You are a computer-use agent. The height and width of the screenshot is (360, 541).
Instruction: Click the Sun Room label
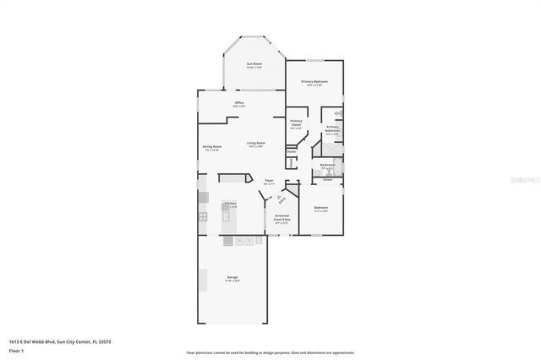pyautogui.click(x=254, y=65)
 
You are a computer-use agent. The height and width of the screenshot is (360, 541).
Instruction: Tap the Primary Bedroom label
pyautogui.click(x=314, y=83)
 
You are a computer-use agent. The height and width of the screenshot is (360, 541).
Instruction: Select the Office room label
pyautogui.click(x=239, y=105)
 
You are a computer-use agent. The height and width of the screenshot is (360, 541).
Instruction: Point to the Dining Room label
pyautogui.click(x=212, y=148)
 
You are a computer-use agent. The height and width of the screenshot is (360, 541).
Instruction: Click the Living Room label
pyautogui.click(x=256, y=144)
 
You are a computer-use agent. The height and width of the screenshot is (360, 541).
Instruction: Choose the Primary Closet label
pyautogui.click(x=296, y=125)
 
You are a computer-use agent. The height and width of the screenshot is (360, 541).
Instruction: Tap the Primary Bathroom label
pyautogui.click(x=333, y=131)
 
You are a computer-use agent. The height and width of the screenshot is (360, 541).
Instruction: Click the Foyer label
pyautogui.click(x=269, y=182)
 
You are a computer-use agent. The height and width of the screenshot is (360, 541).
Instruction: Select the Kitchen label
pyautogui.click(x=230, y=205)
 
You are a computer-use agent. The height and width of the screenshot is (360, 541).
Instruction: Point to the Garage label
pyautogui.click(x=232, y=278)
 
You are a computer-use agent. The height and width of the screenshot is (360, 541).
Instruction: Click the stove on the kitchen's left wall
pyautogui.click(x=203, y=217)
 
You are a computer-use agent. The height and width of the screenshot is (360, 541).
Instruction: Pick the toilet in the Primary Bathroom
pyautogui.click(x=338, y=114)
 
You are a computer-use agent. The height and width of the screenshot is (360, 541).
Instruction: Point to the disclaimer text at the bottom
pyautogui.click(x=270, y=351)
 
